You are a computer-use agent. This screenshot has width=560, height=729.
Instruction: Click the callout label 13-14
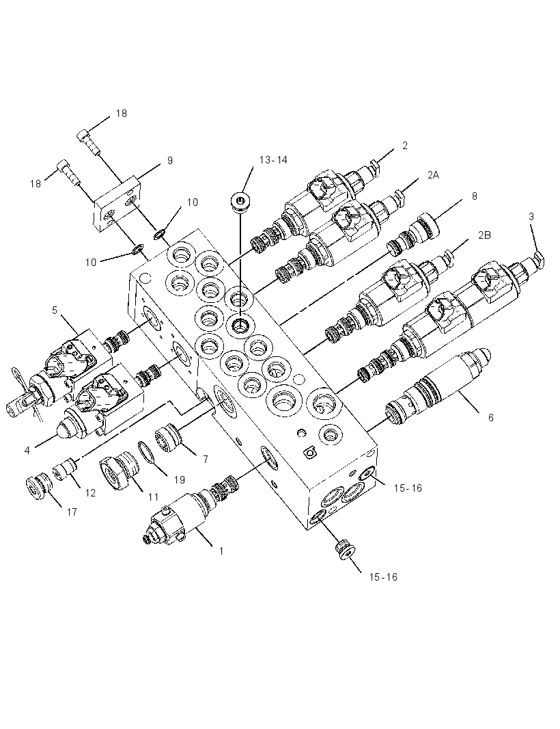click(273, 160)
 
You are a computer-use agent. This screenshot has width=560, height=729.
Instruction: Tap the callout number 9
click(170, 161)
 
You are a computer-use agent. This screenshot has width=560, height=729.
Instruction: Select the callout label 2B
click(484, 235)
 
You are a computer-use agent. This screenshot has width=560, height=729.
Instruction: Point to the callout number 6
click(490, 418)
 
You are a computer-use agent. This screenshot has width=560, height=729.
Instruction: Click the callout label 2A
click(433, 175)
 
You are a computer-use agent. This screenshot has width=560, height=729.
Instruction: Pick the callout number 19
click(179, 480)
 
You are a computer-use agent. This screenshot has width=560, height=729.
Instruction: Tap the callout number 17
click(72, 512)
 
